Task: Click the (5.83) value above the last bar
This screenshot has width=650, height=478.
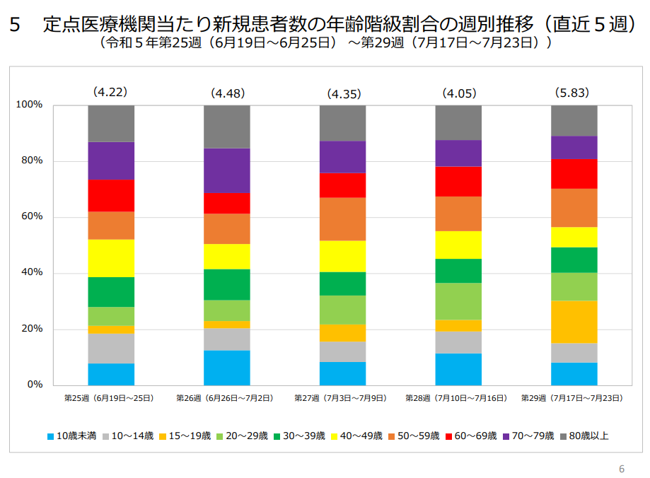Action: click(572, 93)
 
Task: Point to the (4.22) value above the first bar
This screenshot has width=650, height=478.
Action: click(110, 92)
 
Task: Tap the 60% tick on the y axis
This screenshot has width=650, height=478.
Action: click(31, 217)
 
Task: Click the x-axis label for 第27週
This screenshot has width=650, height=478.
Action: click(341, 399)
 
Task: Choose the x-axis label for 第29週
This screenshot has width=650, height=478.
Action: click(572, 399)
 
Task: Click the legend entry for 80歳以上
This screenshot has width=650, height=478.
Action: click(584, 436)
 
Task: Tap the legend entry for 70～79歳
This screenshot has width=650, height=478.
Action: click(528, 436)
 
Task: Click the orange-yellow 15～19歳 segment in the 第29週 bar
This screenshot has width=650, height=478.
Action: click(574, 322)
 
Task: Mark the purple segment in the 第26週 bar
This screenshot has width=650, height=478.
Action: click(227, 170)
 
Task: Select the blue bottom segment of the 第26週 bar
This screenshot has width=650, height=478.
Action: click(227, 368)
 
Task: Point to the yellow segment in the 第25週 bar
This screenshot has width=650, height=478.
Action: click(111, 258)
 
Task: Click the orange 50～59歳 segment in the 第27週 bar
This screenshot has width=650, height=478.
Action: click(343, 219)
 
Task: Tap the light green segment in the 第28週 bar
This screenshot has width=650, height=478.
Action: click(458, 301)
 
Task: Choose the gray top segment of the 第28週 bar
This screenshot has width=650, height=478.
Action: click(458, 122)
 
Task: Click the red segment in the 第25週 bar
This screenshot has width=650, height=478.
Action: click(111, 195)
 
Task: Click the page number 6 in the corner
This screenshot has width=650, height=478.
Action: click(622, 469)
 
